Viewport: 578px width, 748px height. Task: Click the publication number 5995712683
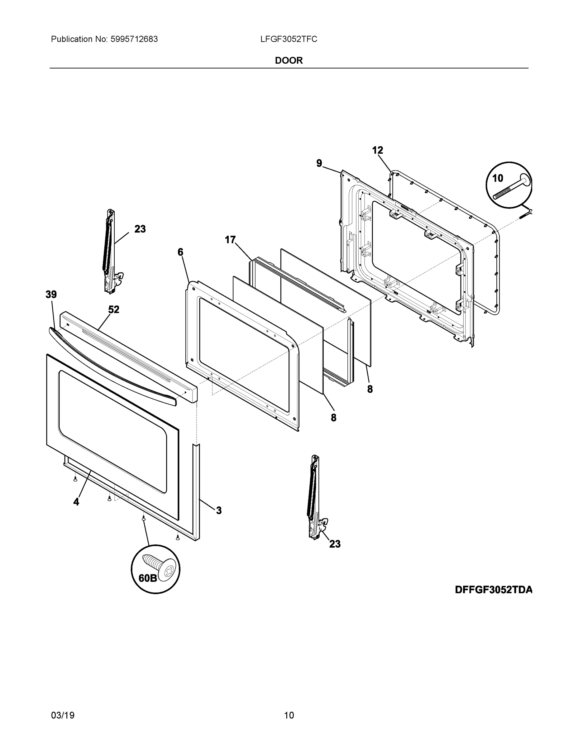pos(134,39)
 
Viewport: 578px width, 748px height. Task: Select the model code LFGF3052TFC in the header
pos(289,39)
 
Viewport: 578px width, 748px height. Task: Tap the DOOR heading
pos(289,61)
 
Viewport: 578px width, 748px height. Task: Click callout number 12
pos(377,150)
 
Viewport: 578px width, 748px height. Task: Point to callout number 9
pos(319,163)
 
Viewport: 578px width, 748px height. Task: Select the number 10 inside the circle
pos(498,178)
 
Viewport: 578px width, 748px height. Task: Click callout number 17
pos(230,240)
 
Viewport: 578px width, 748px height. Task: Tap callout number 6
pos(180,252)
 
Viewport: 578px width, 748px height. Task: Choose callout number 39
pos(51,294)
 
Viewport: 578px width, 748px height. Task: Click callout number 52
pos(114,309)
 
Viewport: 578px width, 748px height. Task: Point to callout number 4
pos(76,502)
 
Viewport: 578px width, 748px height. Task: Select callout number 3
pos(219,511)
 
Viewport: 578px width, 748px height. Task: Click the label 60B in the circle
pos(148,578)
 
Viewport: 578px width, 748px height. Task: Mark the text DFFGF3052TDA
pos(494,590)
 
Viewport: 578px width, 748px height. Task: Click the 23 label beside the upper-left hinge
pos(140,229)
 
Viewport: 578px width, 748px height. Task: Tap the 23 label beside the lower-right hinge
pos(335,544)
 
